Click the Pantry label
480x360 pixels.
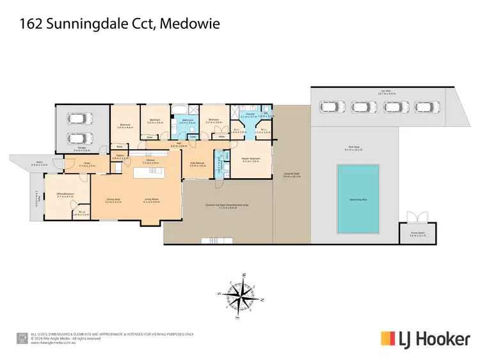point(119,156)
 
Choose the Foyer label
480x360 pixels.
point(86,164)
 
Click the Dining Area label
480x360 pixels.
point(113,199)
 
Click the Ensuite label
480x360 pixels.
point(248,116)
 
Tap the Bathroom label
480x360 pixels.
point(188,120)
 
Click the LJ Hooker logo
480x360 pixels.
point(425,338)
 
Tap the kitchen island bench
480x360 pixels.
point(149,173)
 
